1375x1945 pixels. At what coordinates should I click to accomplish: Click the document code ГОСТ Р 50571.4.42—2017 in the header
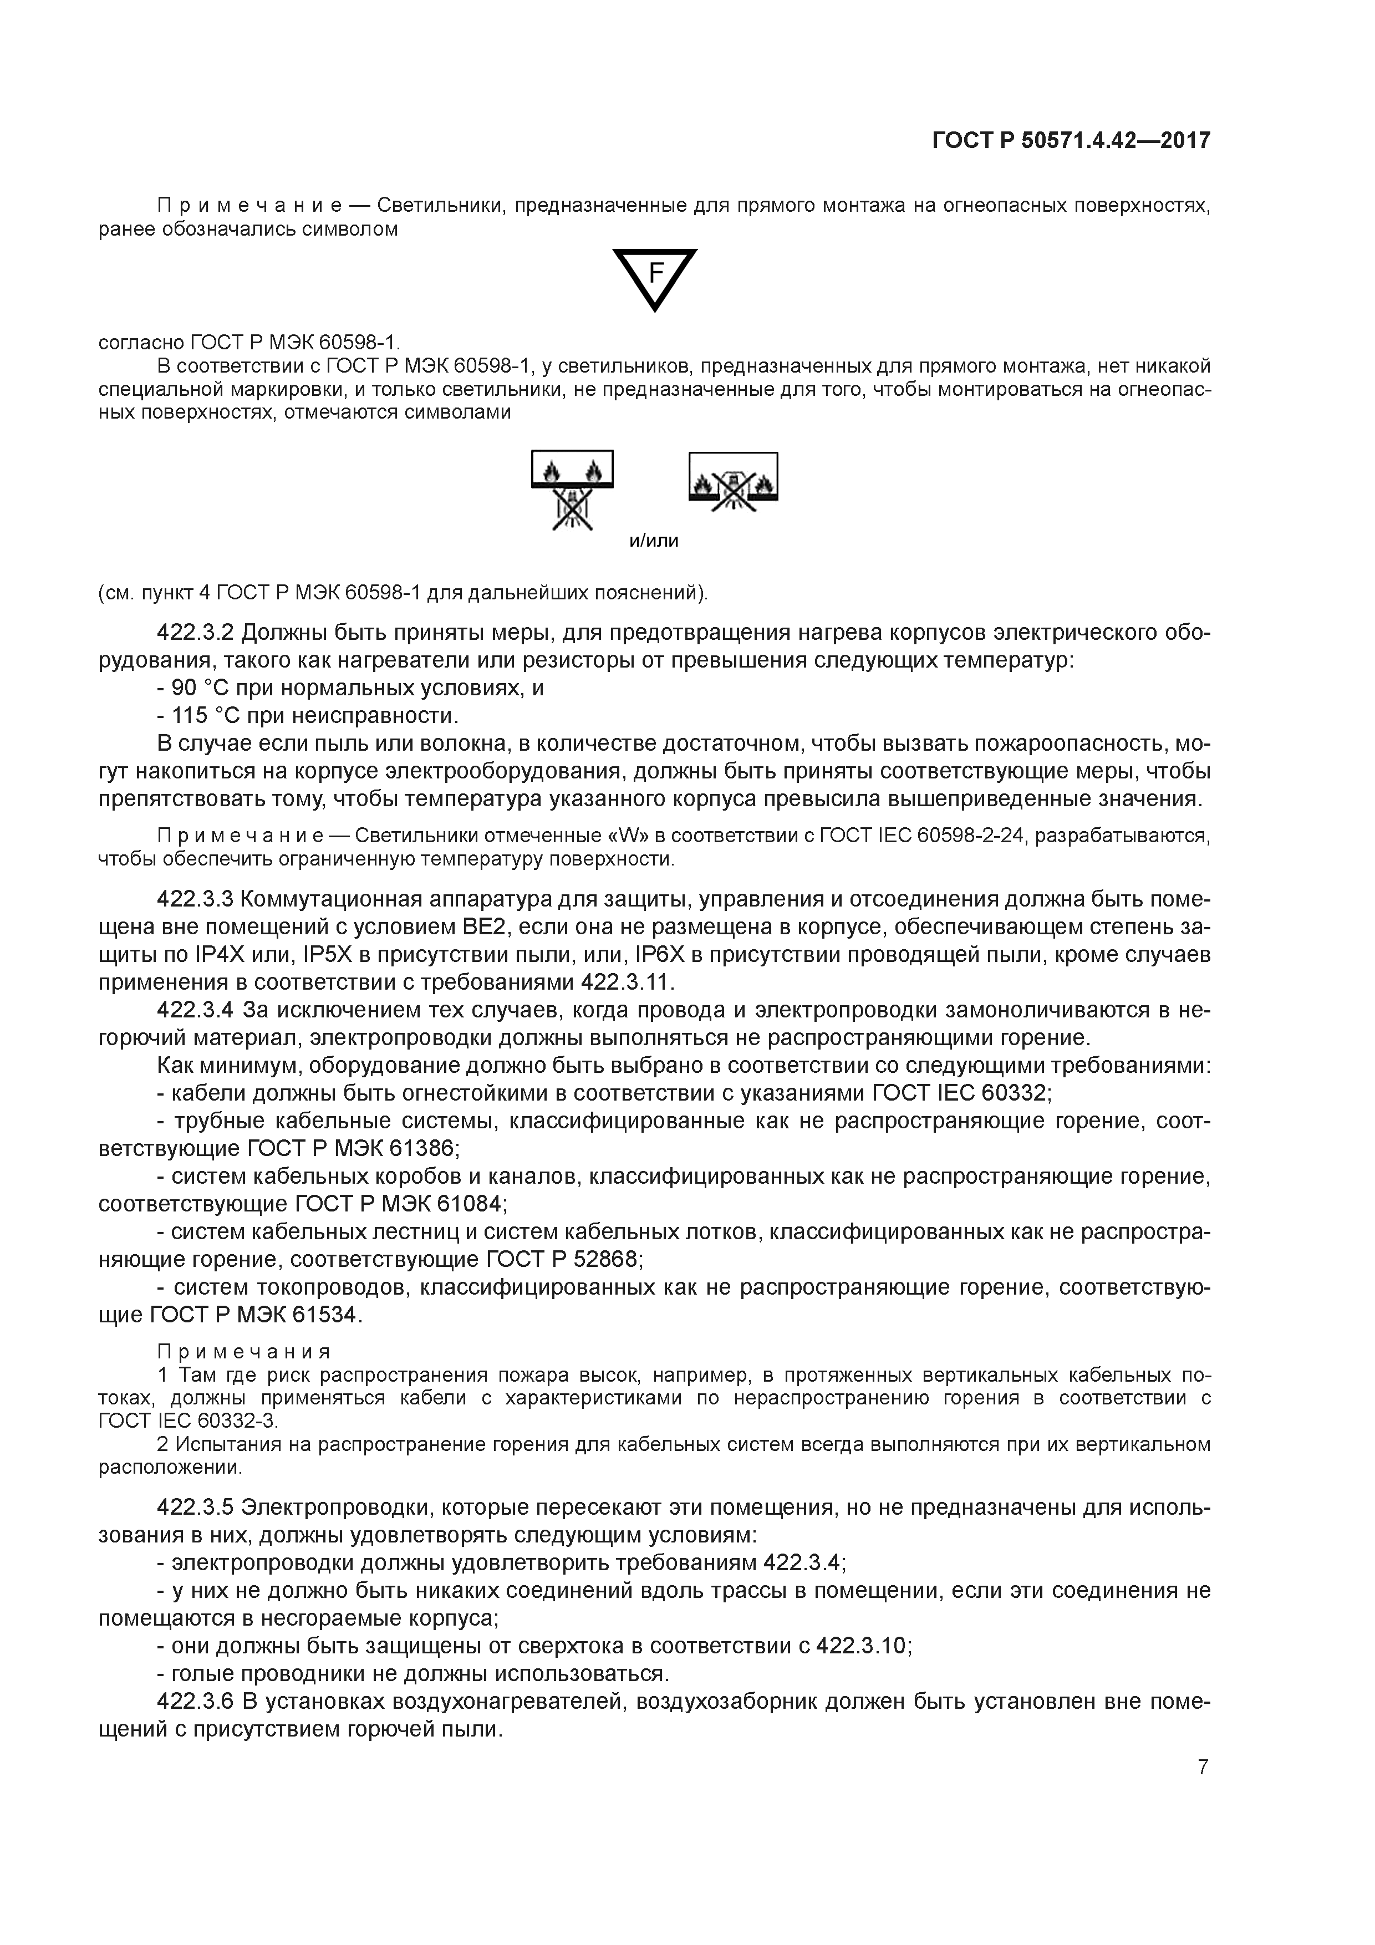point(1071,140)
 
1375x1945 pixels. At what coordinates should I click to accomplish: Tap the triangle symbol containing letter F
point(654,278)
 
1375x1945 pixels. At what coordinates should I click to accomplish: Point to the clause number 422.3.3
point(197,899)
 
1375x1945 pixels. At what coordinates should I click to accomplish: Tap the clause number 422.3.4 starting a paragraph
point(197,1010)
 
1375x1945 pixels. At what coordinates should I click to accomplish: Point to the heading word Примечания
point(244,1351)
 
